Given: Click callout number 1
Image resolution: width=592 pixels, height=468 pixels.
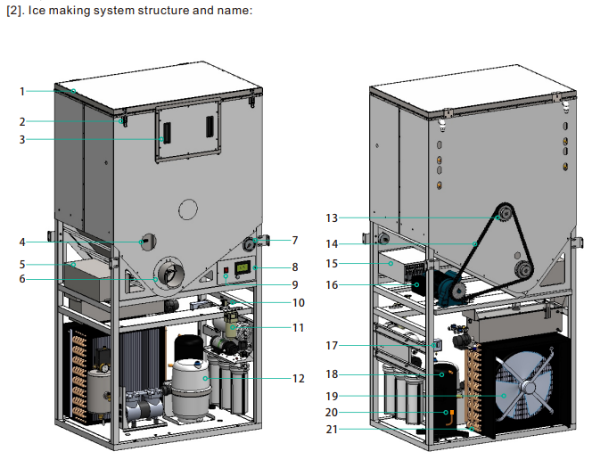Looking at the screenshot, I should coord(24,90).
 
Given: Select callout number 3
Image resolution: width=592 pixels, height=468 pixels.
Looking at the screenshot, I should coord(24,139).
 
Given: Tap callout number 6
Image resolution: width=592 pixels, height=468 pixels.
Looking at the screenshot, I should coord(24,279).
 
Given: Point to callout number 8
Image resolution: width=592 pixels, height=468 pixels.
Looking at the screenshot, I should coord(295,267).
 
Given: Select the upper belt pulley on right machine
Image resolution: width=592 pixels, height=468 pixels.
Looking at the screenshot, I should coord(502,213).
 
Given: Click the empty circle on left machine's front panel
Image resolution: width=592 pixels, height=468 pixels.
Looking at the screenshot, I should coord(187,209).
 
